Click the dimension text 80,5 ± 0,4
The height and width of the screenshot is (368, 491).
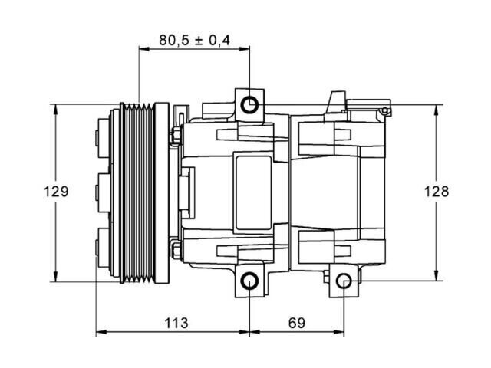coord(194,40)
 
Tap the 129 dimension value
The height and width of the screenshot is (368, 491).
coord(56,192)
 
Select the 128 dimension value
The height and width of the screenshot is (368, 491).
coord(437,191)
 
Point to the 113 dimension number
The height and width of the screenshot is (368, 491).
coord(176,323)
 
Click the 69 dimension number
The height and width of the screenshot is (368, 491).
coord(297,323)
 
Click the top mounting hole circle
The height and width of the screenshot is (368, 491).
coord(249,105)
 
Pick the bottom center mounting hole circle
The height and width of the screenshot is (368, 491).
coord(249,281)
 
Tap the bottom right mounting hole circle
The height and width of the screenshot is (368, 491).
coord(344,281)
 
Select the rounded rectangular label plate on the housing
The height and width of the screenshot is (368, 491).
coord(253,192)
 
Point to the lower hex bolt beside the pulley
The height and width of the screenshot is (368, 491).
coord(176,248)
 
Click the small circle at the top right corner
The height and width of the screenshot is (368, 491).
coord(384,110)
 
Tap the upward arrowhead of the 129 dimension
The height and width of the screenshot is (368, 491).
coord(56,110)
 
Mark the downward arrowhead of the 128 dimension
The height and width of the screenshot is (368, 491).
coord(436,275)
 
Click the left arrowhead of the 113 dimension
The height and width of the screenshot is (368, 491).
coord(101,332)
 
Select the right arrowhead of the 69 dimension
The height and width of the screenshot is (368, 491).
coord(339,332)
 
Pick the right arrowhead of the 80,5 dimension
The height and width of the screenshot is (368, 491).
coord(244,49)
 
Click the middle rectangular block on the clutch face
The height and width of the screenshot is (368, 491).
coord(104,193)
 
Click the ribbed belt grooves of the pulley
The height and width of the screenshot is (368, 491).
coord(139,192)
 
